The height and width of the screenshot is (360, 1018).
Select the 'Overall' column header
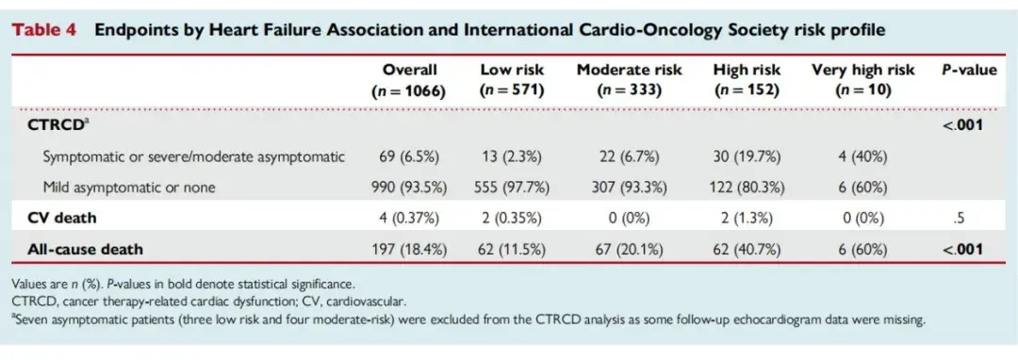409,70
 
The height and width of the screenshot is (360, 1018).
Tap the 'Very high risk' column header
862,70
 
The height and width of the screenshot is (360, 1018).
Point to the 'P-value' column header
969,70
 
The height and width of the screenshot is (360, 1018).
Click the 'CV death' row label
61,218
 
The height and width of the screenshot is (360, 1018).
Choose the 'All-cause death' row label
85,249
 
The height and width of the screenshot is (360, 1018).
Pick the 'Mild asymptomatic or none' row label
128,188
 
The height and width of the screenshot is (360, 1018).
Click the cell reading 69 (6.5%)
409,156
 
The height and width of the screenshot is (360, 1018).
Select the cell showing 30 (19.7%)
747,156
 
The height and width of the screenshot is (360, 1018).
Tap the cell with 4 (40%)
862,156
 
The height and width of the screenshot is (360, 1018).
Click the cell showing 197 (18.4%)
409,249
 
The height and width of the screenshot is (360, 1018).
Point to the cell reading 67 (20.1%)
629,249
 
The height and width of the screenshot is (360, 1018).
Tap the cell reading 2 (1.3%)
747,218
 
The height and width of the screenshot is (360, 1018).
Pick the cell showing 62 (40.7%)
747,249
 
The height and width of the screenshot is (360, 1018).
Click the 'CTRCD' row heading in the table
57,124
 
